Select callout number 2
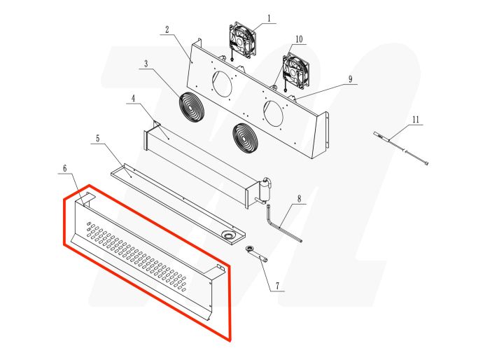(x=167, y=29)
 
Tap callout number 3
(x=146, y=64)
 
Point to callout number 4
(x=132, y=99)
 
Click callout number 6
(x=64, y=169)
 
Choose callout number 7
(x=276, y=286)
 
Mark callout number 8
(x=299, y=199)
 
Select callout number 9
(x=350, y=78)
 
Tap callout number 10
(x=299, y=39)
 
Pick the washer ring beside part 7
(x=249, y=249)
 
